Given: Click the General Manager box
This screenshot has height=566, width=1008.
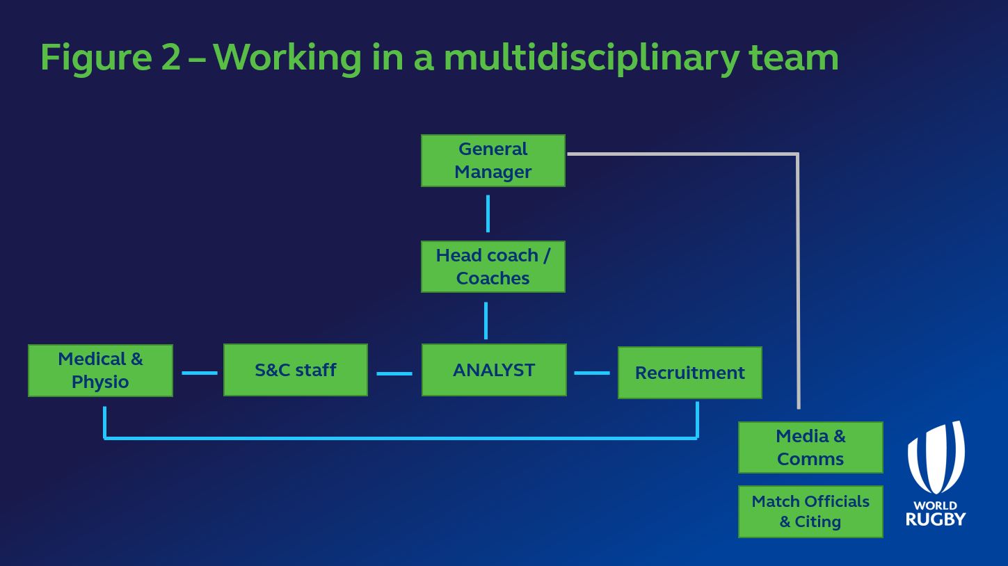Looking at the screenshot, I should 493,161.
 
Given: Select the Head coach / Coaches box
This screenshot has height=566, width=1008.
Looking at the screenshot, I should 493,267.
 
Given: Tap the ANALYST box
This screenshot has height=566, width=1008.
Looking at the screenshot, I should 494,370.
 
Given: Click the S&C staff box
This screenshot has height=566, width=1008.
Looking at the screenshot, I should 296,370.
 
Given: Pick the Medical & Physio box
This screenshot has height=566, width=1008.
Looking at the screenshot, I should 100,371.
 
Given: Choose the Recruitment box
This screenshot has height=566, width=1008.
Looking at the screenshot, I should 690,373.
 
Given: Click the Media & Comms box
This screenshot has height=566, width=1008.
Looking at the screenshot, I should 810,447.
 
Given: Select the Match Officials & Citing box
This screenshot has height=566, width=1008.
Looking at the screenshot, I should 810,512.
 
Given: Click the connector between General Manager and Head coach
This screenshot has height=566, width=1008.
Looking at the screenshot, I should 488,213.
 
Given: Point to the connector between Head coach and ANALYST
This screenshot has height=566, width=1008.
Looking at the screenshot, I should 486,320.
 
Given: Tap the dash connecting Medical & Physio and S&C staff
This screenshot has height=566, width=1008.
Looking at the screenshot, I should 200,373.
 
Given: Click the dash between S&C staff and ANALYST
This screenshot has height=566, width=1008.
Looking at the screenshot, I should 394,373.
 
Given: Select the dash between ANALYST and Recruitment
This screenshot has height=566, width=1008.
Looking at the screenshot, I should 592,373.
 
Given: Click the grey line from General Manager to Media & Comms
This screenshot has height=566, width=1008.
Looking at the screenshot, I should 797,278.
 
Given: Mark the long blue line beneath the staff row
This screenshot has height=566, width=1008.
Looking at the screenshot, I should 400,438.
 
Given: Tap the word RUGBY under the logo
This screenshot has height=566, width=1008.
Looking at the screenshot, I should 936,519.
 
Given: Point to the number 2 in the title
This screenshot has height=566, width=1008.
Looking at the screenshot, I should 170,57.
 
